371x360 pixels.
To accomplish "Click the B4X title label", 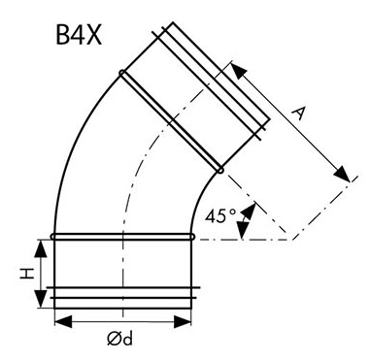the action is (x=79, y=35).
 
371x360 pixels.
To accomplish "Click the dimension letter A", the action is (x=299, y=115).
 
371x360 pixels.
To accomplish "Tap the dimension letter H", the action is (x=27, y=274).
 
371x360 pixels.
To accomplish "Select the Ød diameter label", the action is (x=119, y=339).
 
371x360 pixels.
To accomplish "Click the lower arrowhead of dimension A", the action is (x=342, y=175).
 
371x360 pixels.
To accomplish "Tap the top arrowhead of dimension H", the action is (x=41, y=248).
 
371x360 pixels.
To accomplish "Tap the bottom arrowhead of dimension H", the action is (x=41, y=299).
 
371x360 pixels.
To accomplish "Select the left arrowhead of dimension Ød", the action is (x=63, y=322).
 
